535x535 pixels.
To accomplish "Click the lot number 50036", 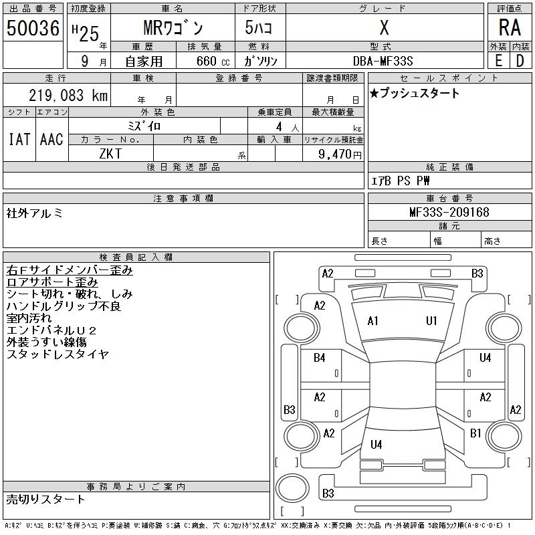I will click(x=33, y=29).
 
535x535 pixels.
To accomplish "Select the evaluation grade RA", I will click(x=509, y=27).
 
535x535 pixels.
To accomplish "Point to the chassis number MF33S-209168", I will click(x=449, y=213).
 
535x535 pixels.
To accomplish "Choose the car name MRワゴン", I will click(x=173, y=29).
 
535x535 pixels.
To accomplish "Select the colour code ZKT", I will click(x=111, y=154).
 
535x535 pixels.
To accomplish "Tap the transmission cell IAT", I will click(x=19, y=139).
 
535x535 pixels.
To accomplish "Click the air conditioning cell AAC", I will click(x=51, y=139).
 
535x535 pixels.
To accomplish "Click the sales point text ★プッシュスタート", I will click(x=415, y=94).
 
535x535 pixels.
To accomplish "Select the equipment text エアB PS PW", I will click(x=401, y=181).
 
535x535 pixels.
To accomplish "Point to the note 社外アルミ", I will click(x=35, y=213).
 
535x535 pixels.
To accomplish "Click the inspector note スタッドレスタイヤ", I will click(x=58, y=354).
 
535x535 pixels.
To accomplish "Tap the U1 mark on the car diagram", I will click(x=431, y=321).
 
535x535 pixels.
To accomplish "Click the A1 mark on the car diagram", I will click(x=372, y=321).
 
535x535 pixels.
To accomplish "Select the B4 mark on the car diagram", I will click(x=320, y=358).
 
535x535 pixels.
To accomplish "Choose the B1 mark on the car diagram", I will click(x=475, y=433).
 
